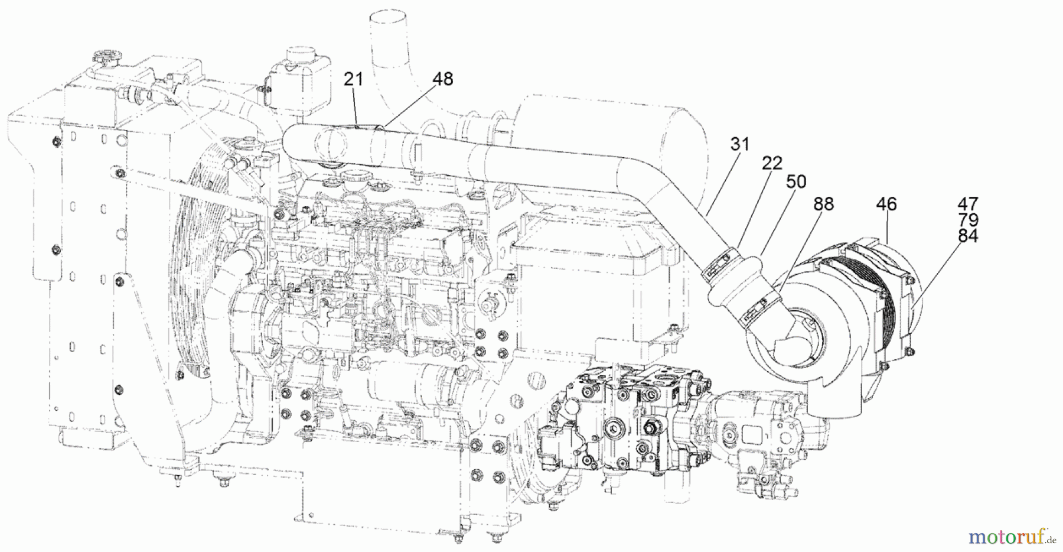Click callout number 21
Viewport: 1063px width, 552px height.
[353, 79]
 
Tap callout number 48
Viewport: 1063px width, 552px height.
[442, 79]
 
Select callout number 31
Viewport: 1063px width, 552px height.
[739, 144]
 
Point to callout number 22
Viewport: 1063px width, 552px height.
[772, 163]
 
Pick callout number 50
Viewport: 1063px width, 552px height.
[796, 181]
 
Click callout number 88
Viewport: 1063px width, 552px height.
[823, 204]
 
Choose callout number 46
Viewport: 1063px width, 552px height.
[886, 204]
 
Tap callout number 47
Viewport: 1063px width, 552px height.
[968, 204]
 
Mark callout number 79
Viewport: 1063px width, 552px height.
[968, 220]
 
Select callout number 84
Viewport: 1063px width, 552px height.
[968, 236]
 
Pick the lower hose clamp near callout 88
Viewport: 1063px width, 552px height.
[755, 312]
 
